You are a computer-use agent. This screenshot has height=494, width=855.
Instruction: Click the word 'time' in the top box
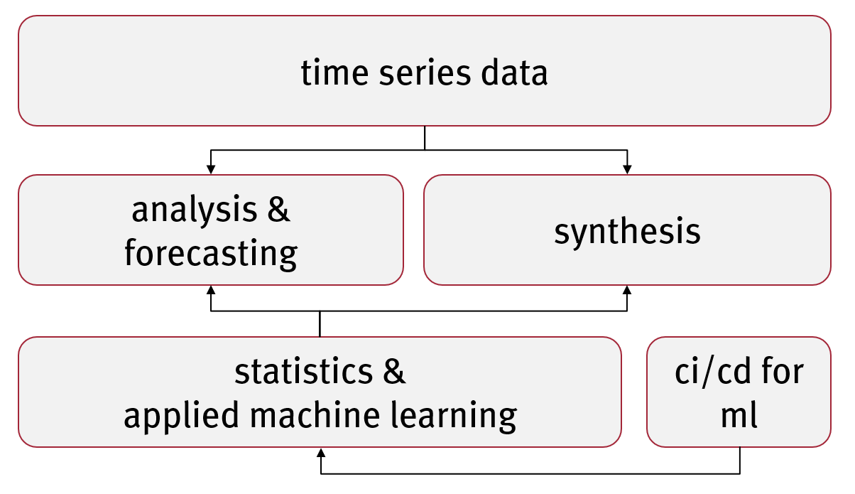(334, 73)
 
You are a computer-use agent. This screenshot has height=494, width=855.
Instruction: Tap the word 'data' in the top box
(514, 72)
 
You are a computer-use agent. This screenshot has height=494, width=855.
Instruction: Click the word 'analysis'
(195, 211)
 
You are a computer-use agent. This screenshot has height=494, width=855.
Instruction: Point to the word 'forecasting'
(211, 254)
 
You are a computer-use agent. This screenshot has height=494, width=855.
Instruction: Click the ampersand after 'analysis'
(278, 210)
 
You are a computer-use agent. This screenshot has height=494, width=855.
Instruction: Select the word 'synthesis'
(627, 232)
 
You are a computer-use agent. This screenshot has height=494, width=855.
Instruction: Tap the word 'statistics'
(304, 372)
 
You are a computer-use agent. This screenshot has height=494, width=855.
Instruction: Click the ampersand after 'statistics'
(394, 371)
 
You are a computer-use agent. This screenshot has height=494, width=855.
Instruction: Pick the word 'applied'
(181, 416)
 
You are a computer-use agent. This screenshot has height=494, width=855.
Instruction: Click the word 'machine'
(315, 414)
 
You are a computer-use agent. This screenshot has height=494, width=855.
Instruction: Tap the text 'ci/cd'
(713, 372)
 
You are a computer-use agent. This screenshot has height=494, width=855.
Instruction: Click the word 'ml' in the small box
(739, 415)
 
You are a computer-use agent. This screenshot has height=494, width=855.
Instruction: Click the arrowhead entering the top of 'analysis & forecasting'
(211, 170)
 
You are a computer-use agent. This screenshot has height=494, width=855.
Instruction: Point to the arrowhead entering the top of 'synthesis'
(627, 170)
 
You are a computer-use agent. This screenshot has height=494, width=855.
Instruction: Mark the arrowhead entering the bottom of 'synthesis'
(627, 290)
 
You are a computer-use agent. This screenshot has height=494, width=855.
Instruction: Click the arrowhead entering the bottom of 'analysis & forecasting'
(211, 290)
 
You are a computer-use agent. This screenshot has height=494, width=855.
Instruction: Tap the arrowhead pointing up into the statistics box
(321, 453)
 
